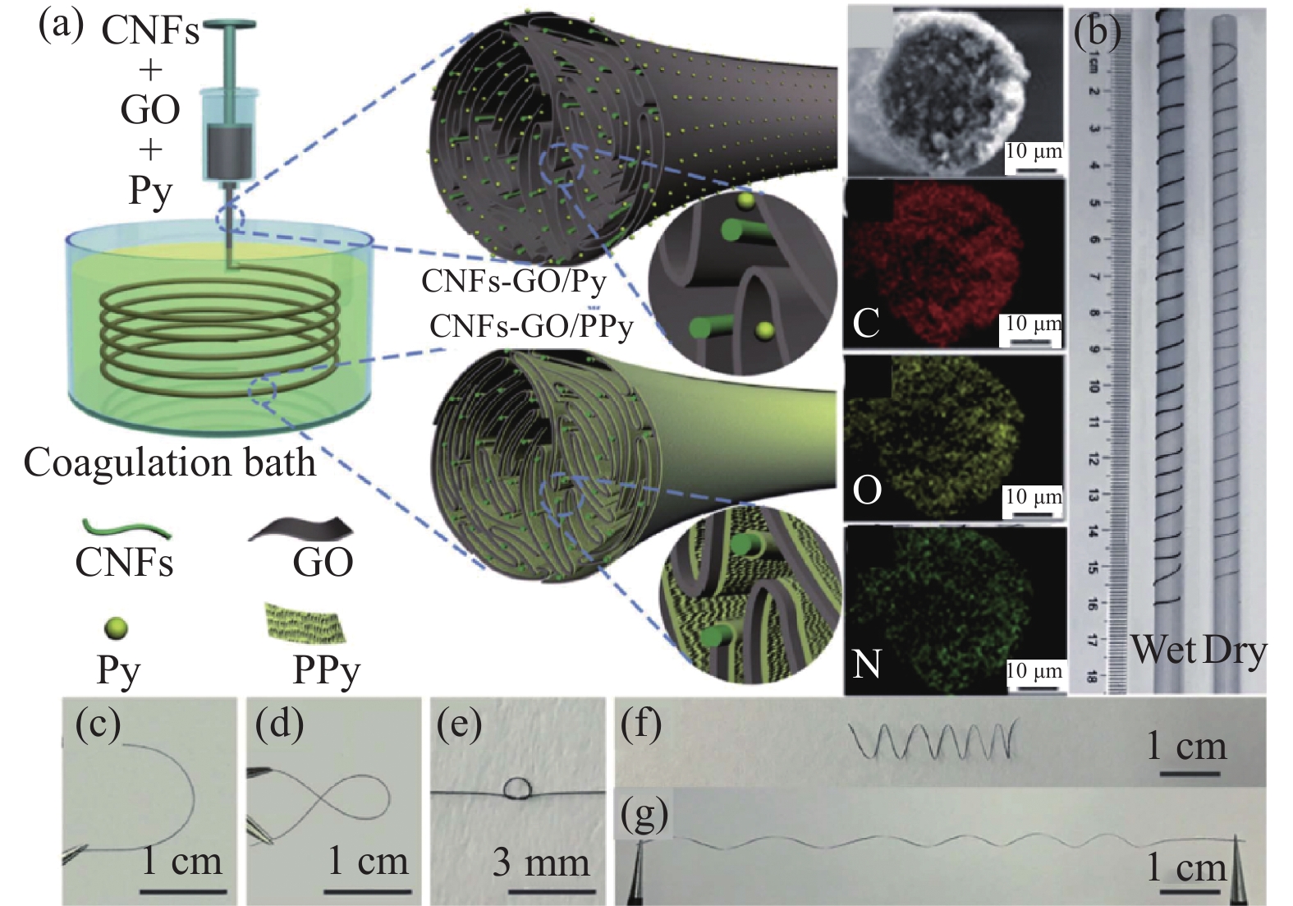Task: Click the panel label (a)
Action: (61, 25)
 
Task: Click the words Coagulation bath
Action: (169, 462)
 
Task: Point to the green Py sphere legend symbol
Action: (117, 628)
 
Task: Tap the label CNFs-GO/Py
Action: (514, 282)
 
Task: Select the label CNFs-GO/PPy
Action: (531, 327)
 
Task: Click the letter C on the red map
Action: (866, 322)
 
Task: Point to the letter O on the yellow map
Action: (867, 490)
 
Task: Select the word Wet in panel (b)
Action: (1163, 651)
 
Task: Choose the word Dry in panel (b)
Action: (1234, 651)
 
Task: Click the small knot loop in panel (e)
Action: (517, 789)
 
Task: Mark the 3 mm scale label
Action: (541, 862)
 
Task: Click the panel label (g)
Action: (644, 815)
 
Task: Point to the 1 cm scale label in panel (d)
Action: (368, 861)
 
